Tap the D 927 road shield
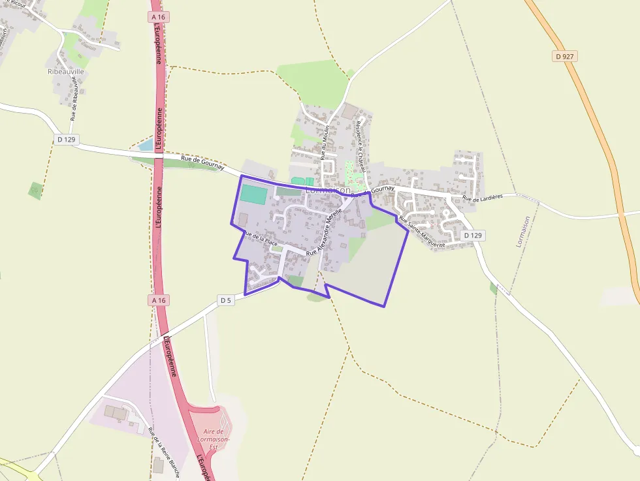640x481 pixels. click(566, 57)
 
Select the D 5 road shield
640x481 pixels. click(226, 300)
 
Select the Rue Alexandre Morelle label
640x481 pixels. click(325, 231)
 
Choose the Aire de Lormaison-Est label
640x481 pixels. click(214, 439)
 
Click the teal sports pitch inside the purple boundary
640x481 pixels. click(254, 194)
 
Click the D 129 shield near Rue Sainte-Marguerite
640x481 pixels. click(473, 235)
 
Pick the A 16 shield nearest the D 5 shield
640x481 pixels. click(159, 300)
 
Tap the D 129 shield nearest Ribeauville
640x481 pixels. click(66, 139)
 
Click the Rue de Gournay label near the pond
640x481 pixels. click(202, 163)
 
